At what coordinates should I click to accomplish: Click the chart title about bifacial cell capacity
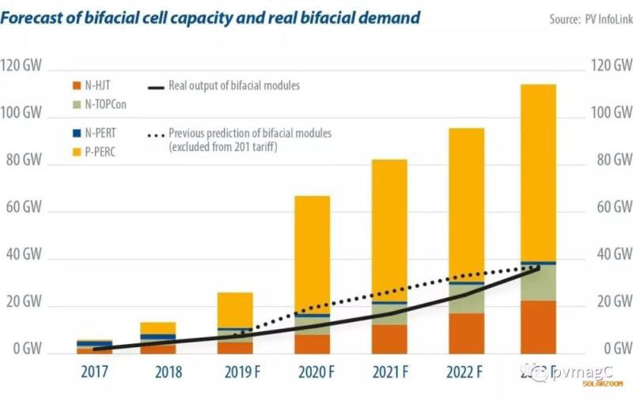pyautogui.click(x=210, y=17)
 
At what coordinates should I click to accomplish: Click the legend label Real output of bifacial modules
pyautogui.click(x=234, y=85)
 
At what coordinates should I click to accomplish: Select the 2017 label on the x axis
pyautogui.click(x=94, y=372)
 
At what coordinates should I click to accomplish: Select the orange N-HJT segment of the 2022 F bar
pyautogui.click(x=465, y=333)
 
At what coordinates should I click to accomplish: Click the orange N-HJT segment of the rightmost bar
pyautogui.click(x=538, y=327)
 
